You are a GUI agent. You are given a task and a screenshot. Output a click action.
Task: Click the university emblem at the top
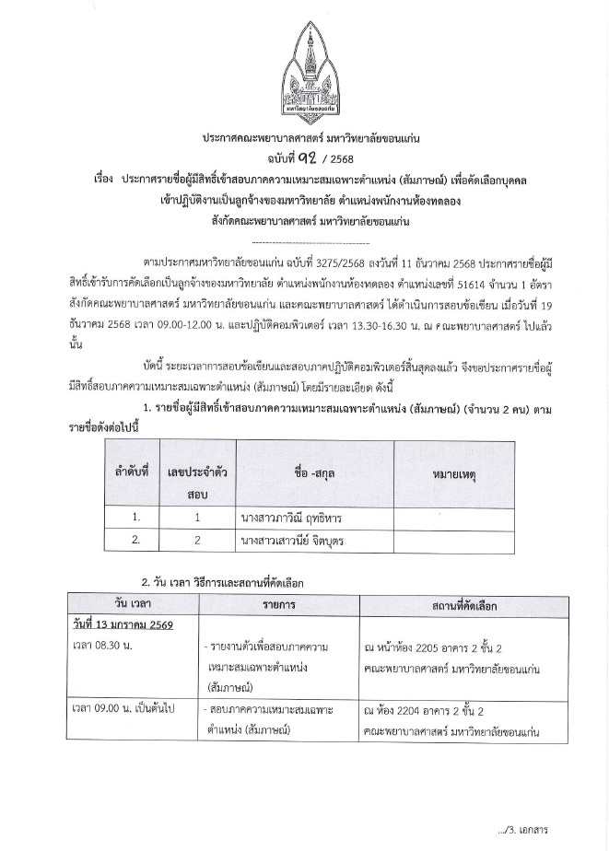click(304, 65)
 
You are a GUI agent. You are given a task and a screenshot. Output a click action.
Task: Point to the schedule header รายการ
click(278, 603)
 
